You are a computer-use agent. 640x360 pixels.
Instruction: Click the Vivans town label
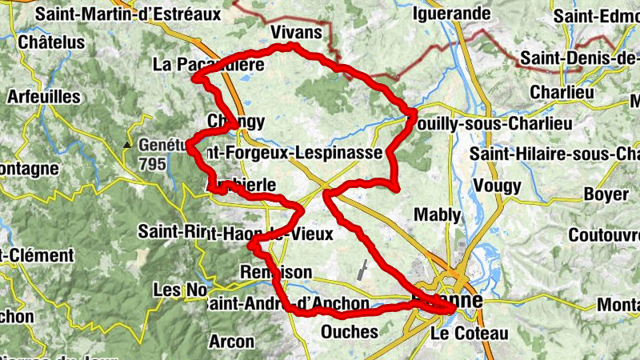pos(302,32)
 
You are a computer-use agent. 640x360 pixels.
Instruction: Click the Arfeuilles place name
pos(44,96)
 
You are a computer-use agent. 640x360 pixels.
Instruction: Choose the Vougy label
pos(497,186)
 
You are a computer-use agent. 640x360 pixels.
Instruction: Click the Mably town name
pos(437,214)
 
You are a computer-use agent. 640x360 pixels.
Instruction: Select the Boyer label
pos(606,194)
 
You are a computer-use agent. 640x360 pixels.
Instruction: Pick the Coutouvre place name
pos(604,235)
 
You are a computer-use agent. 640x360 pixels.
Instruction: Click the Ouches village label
pos(349,331)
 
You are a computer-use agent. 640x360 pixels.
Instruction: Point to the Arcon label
pos(231,342)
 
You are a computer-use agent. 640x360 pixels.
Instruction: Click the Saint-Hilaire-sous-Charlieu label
pos(555,153)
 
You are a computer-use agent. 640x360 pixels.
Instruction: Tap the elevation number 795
pos(152,165)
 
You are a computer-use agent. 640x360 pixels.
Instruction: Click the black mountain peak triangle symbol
pos(127,145)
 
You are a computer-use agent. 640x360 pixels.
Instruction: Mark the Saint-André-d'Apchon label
pos(287,304)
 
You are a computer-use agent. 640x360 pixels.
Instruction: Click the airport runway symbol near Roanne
pos(364,269)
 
